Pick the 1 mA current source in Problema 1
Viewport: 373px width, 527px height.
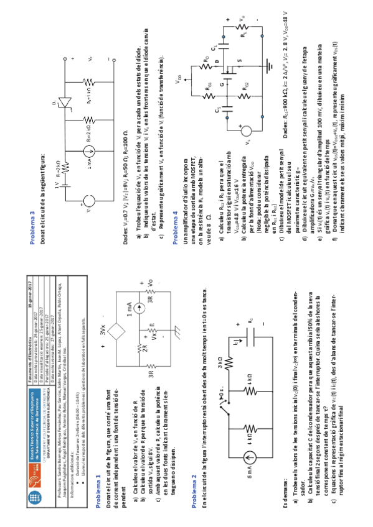pos(126,308)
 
